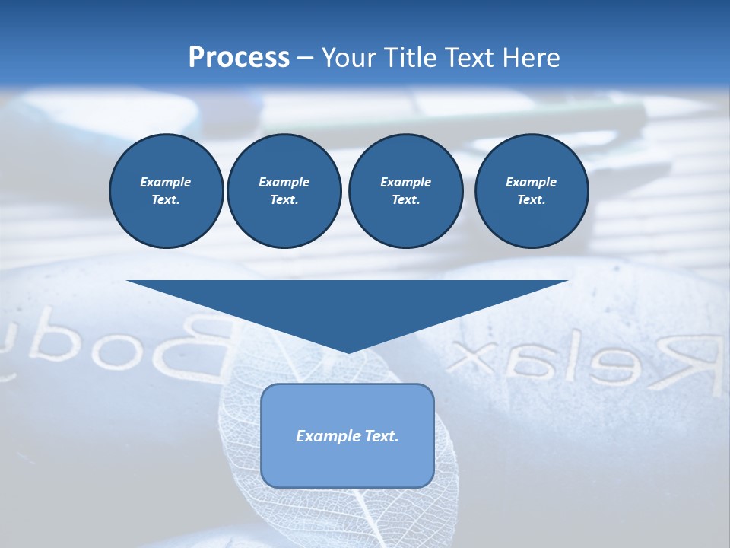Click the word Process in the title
pos(239,58)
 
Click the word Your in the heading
pos(347,58)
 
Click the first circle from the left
pos(167,191)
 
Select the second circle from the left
pos(284,191)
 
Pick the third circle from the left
pos(405,191)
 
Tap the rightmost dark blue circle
pos(531,191)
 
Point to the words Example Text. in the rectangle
pos(348,436)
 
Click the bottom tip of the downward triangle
pos(348,351)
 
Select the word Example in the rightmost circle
pos(531,182)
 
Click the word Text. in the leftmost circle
pos(166,200)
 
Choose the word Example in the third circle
pos(405,182)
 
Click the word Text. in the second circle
pos(284,200)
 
